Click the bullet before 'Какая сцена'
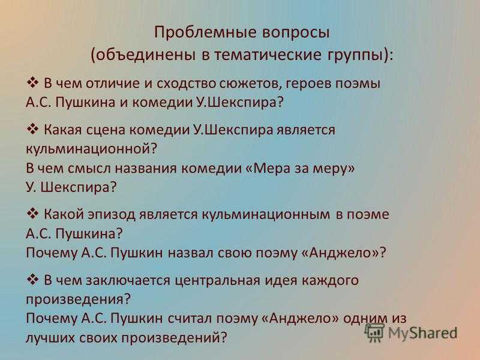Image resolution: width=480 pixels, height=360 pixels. point(32,129)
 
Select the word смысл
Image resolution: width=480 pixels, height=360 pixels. point(89,169)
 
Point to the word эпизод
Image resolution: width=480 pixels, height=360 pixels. point(111,215)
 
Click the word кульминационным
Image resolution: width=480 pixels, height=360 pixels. point(266,214)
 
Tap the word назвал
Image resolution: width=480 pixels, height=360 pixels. point(190,253)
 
